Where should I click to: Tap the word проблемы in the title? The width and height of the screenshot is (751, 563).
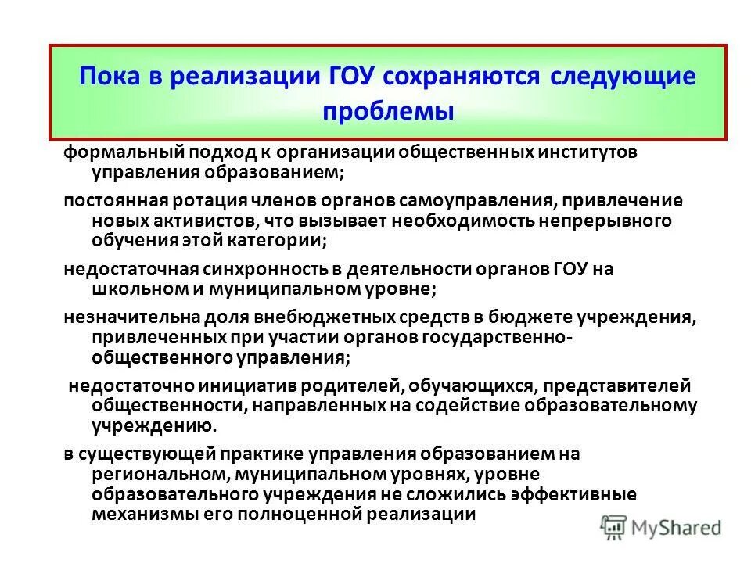click(x=388, y=110)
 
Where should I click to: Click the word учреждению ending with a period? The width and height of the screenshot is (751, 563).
click(x=153, y=426)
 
